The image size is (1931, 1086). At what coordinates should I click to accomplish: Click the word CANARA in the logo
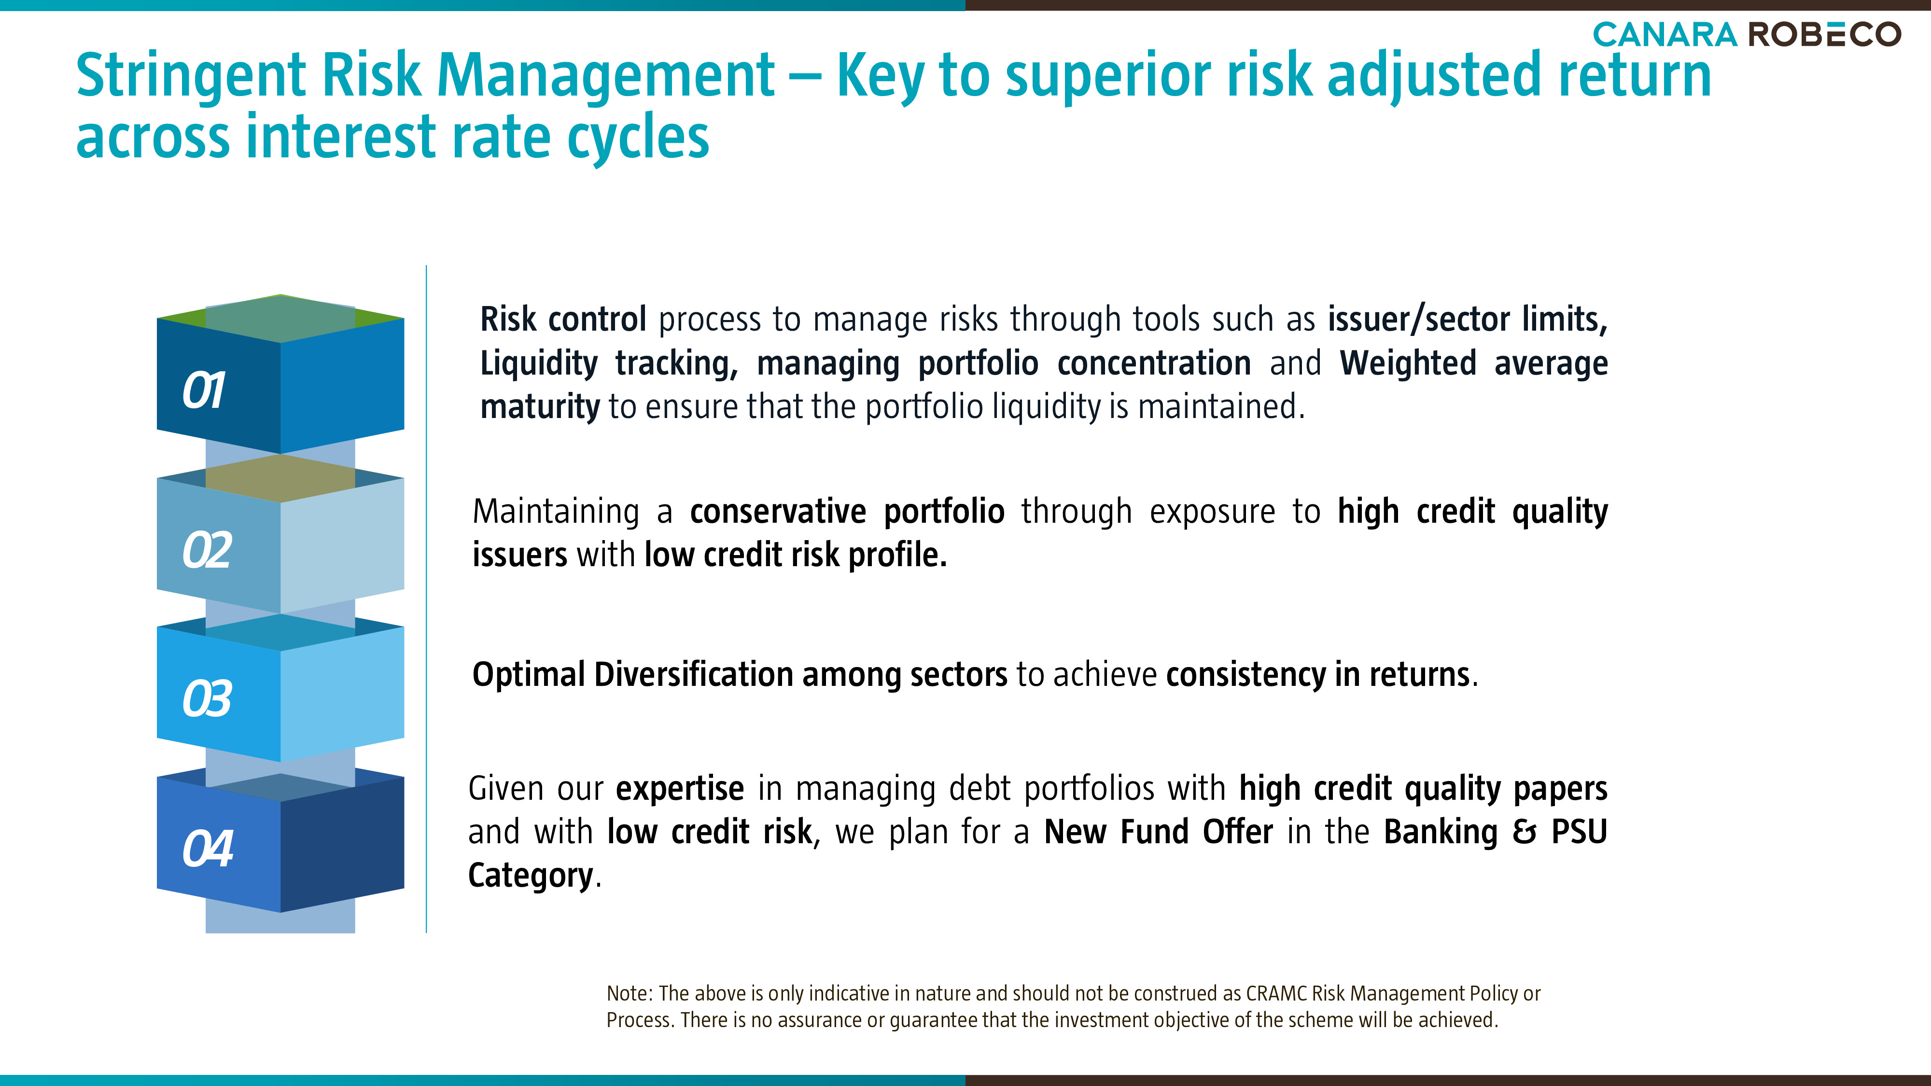[1664, 34]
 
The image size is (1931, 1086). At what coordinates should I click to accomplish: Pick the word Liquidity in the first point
[539, 363]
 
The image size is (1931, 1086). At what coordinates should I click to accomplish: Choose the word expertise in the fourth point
[680, 789]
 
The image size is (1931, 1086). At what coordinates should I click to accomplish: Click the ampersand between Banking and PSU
[1524, 832]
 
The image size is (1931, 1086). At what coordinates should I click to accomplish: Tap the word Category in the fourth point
[531, 876]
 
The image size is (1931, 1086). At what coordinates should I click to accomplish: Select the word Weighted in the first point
[1408, 363]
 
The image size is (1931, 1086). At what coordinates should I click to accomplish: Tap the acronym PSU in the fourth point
[1580, 832]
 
